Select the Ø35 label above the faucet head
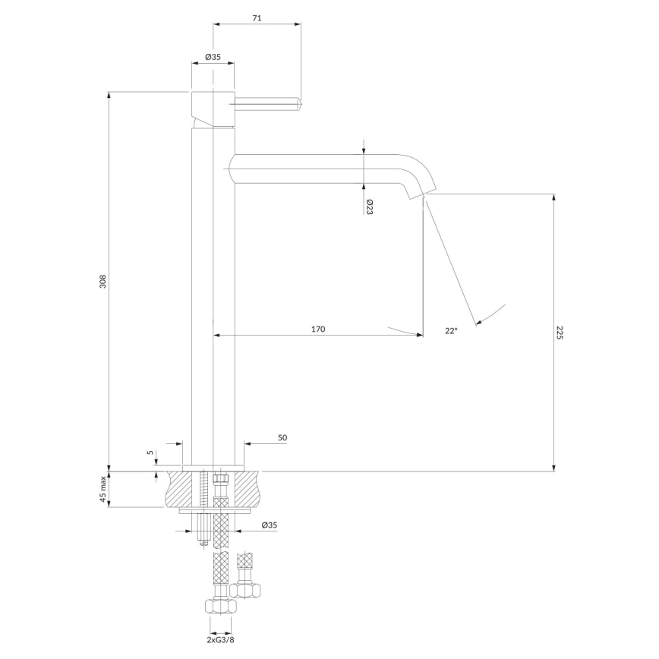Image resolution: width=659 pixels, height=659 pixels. pos(213,57)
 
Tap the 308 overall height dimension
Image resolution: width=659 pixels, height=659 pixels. pos(104,281)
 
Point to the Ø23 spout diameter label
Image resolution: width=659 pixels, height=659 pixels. pos(369,207)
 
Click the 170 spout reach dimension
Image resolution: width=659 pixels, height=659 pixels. pos(318,329)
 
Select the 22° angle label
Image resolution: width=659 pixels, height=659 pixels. pos(451,330)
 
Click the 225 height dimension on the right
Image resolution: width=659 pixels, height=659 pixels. pos(560,333)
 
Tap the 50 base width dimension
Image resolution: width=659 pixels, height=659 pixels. pos(282,438)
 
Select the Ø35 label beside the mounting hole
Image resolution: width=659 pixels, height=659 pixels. pos(269,525)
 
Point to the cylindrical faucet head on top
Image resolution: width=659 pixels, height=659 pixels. pos(213,106)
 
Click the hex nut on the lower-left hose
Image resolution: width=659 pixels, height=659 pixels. pos(219,607)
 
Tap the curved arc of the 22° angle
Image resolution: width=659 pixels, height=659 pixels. pos(492,313)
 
